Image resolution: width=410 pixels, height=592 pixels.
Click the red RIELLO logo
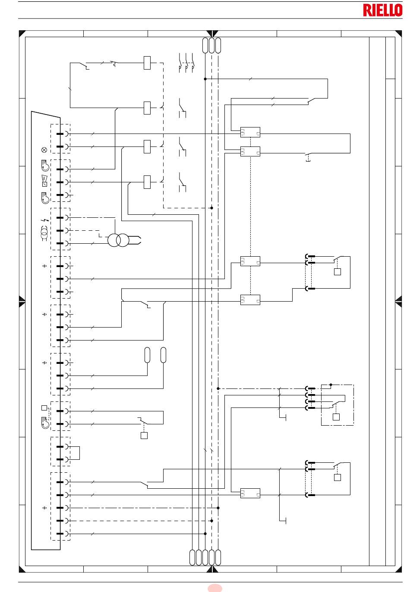click(382, 10)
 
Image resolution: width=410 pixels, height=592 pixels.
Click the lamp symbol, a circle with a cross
click(44, 150)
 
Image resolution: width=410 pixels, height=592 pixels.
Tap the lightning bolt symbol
click(45, 220)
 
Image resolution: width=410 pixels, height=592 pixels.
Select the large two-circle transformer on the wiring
click(118, 240)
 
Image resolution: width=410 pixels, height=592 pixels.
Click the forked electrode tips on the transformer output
click(137, 240)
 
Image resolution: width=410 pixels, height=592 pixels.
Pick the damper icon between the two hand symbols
click(44, 181)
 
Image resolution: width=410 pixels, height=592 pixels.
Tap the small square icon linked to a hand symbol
click(44, 408)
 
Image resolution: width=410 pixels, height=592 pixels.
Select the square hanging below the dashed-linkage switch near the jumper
click(144, 435)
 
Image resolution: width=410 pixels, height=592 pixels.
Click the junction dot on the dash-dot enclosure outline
click(331, 385)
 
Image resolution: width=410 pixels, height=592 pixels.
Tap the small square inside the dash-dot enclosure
click(336, 417)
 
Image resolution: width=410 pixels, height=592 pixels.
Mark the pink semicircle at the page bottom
click(214, 588)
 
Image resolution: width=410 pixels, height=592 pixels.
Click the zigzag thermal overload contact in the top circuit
click(114, 64)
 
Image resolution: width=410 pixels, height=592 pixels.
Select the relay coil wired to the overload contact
click(147, 63)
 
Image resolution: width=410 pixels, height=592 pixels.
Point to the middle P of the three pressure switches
click(186, 69)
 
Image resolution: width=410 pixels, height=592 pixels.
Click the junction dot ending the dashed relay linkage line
click(211, 208)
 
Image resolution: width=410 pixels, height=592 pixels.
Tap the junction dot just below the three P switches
click(205, 79)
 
